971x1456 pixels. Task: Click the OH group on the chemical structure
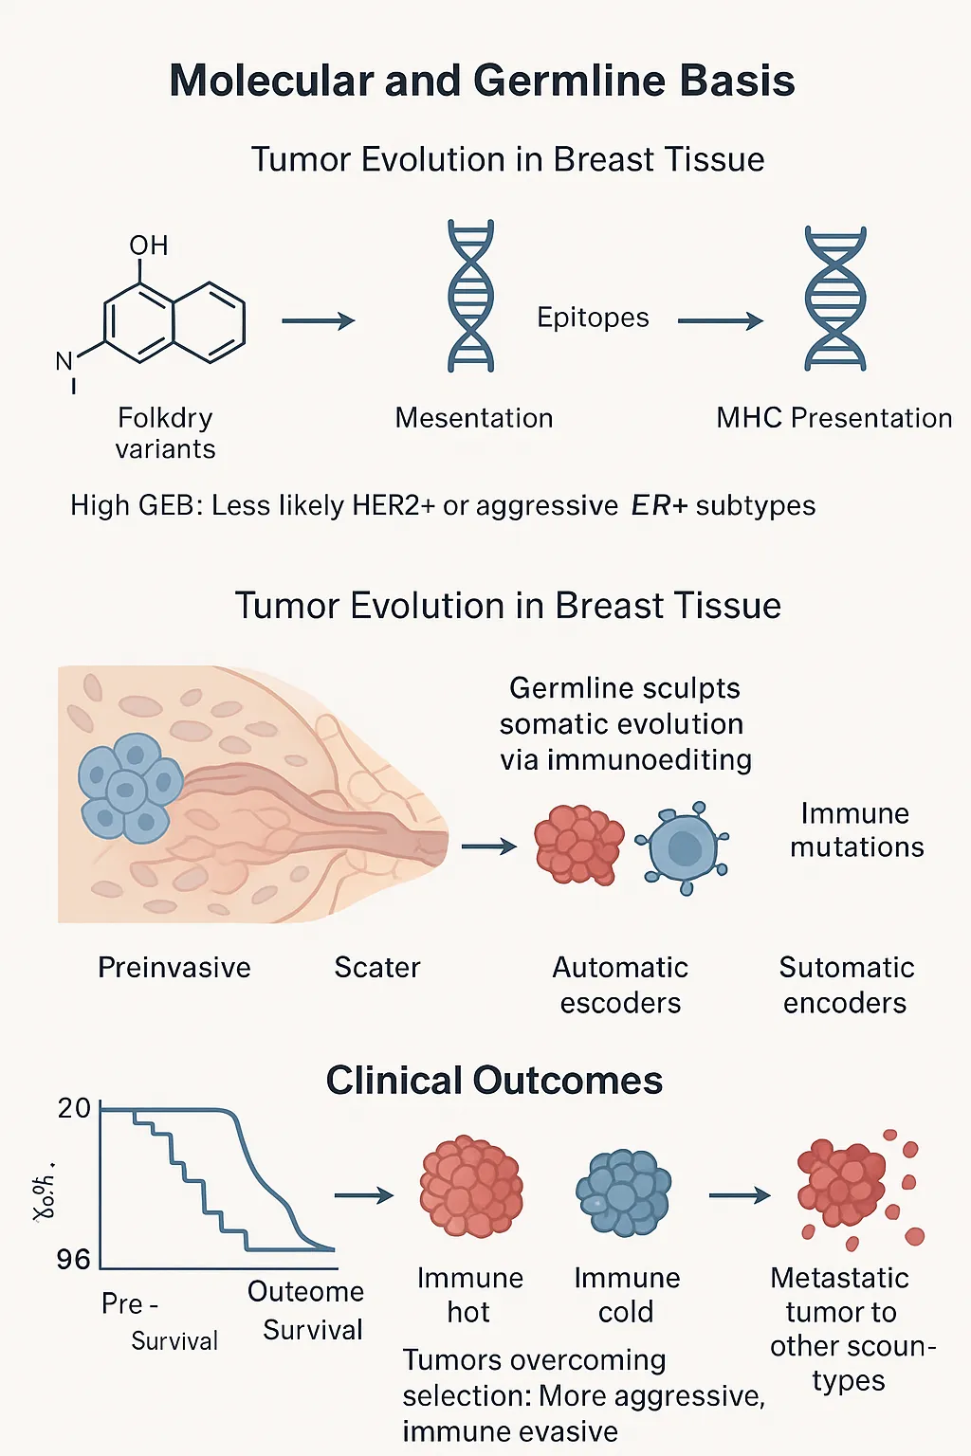(x=149, y=246)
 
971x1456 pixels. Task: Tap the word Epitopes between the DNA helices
(x=593, y=318)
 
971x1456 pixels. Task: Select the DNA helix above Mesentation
(x=470, y=296)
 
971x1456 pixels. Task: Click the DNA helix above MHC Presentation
(x=834, y=299)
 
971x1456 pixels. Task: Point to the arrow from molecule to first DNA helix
(x=318, y=321)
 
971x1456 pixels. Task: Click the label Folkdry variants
(x=166, y=432)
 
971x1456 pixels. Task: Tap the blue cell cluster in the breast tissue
(x=129, y=787)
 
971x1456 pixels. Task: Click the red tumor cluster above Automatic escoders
(x=578, y=844)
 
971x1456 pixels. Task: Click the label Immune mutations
(x=856, y=829)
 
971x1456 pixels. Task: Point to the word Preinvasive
(x=174, y=967)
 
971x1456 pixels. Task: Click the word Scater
(x=376, y=967)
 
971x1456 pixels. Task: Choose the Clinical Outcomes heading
(x=494, y=1081)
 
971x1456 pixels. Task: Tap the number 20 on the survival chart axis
(x=74, y=1108)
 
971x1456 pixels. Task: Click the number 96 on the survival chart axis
(x=73, y=1259)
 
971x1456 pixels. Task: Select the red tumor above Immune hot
(x=471, y=1186)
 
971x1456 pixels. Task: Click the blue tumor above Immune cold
(x=624, y=1192)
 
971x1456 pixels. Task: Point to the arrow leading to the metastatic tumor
(x=740, y=1195)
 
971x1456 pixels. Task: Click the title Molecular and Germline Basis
(x=482, y=81)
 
